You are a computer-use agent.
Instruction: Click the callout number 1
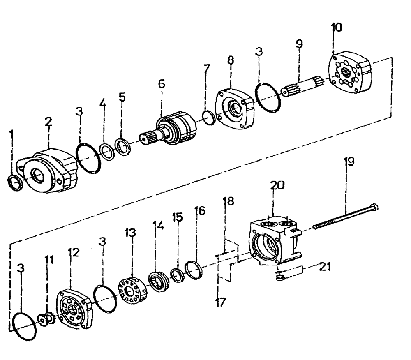tap(12, 134)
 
